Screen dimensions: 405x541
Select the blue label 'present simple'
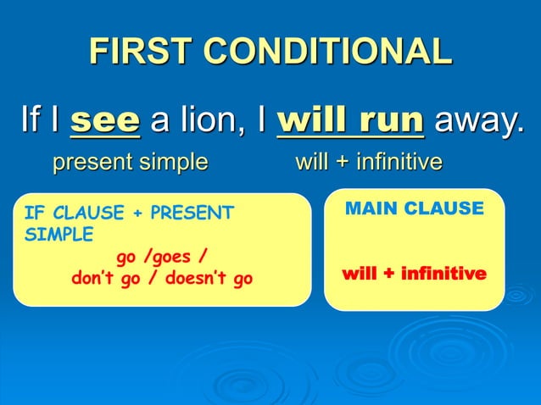pos(130,161)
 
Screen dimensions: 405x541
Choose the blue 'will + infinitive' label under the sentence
pos(368,161)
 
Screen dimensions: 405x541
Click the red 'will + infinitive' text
pos(414,275)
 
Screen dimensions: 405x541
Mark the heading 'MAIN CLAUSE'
pos(414,208)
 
